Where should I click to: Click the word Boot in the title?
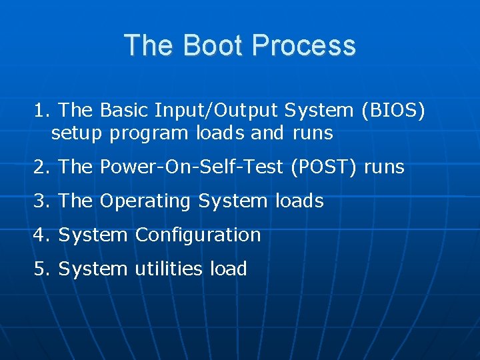[207, 45]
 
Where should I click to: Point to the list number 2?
[41, 167]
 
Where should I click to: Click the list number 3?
[41, 201]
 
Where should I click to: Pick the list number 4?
[41, 235]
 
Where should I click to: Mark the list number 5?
[41, 269]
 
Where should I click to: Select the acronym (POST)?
[323, 167]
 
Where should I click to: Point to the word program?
[150, 133]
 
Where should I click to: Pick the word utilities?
[169, 269]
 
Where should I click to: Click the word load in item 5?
[228, 269]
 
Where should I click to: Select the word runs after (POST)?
[384, 167]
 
